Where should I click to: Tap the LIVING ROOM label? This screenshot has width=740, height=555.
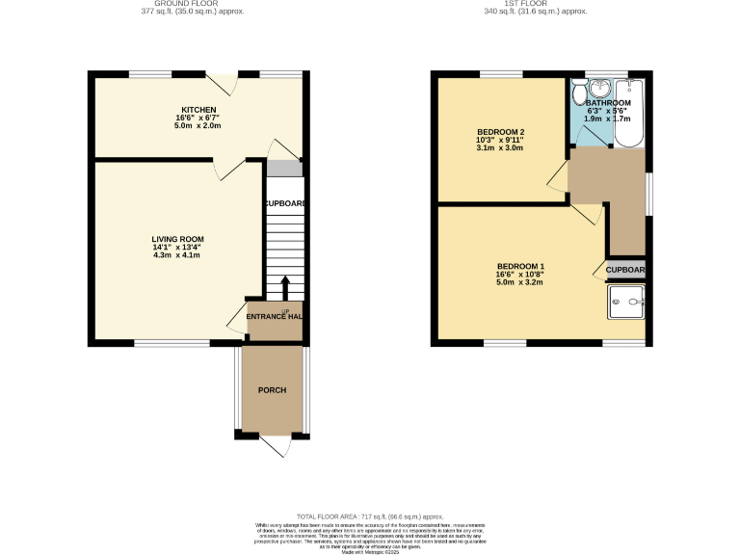177,239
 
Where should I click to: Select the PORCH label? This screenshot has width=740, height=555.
272,389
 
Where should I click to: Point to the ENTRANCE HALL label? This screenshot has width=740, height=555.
275,317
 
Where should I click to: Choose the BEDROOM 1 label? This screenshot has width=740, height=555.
520,266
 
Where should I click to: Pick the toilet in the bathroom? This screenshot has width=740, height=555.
577,93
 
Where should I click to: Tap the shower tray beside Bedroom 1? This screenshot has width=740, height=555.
626,303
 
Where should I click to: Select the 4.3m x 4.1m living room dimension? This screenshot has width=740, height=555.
177,255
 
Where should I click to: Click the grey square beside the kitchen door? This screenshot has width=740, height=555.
284,169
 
